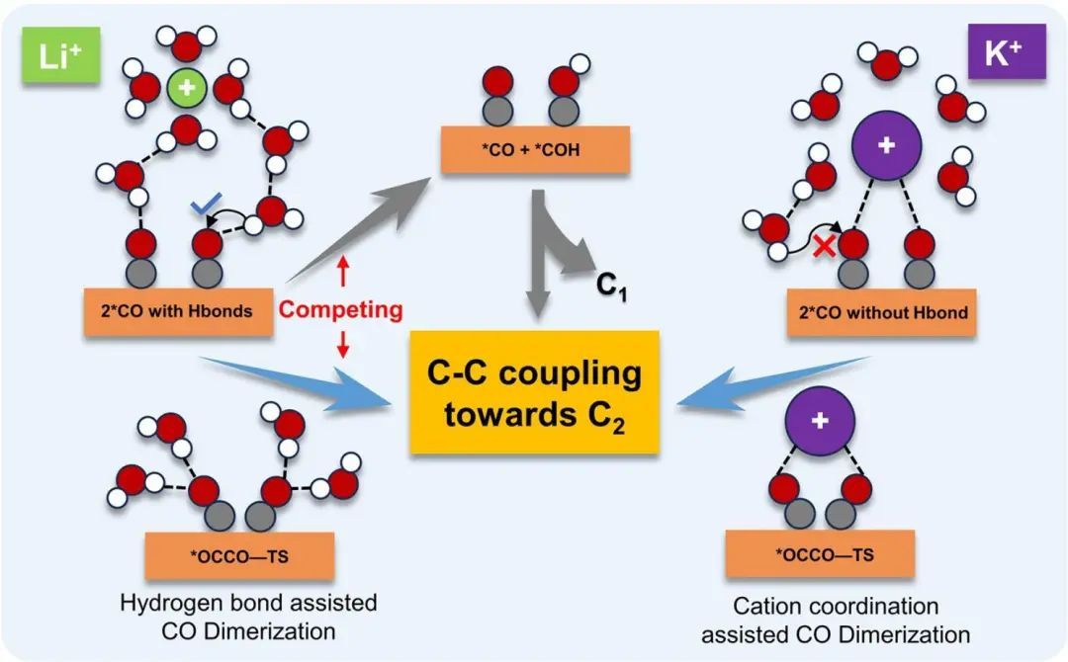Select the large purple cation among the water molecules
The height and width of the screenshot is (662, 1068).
click(885, 146)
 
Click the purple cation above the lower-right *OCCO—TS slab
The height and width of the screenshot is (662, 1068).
click(820, 420)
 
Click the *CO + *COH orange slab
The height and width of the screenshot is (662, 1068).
click(534, 154)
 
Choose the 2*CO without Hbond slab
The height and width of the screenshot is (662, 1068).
click(881, 312)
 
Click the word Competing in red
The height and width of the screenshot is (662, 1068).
click(340, 310)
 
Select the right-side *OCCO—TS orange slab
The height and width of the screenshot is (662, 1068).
click(822, 553)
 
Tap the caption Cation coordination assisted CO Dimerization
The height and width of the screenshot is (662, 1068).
click(836, 620)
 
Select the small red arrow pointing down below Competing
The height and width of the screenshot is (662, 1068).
click(340, 346)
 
